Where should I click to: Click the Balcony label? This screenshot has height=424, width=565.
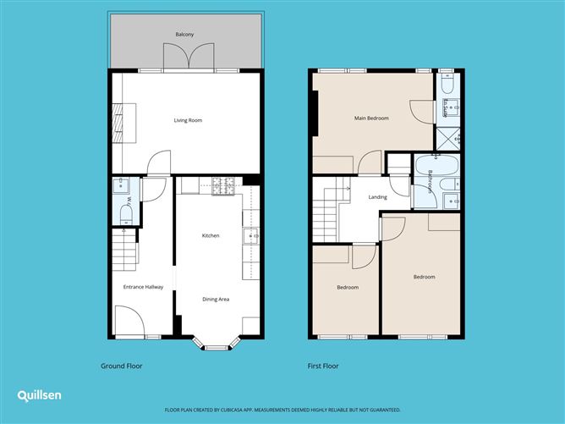coord(185,34)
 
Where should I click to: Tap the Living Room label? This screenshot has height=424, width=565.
coord(188,120)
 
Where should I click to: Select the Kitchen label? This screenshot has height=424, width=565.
coord(211,235)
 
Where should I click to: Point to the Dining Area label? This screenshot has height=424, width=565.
coord(215,299)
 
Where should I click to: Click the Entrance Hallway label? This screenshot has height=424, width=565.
coord(143,287)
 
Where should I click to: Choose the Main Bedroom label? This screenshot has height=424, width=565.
coord(371,118)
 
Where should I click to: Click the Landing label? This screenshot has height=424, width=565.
coord(378,197)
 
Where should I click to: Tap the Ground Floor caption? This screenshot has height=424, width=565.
coord(121,366)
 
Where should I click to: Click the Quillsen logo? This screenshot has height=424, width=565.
coord(39,395)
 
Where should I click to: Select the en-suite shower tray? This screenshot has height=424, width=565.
coord(447,137)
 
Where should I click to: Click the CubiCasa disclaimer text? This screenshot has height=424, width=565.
coord(282,409)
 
